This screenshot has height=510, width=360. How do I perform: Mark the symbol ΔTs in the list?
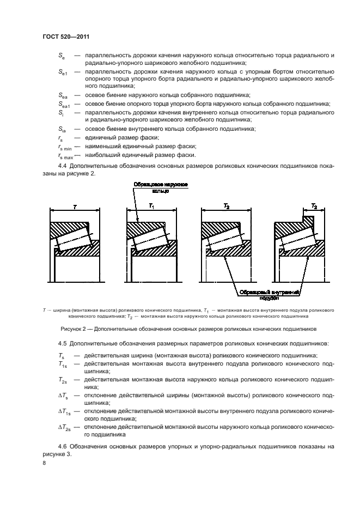pyautogui.click(x=64, y=394)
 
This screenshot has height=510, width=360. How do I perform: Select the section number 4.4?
pyautogui.click(x=63, y=167)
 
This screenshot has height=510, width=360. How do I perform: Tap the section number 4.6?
pyautogui.click(x=63, y=446)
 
